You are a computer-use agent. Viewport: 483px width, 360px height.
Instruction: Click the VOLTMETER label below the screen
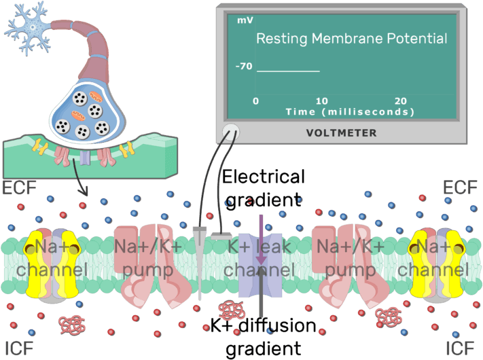click(x=342, y=133)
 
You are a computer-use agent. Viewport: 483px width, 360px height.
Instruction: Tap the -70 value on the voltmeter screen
click(x=243, y=67)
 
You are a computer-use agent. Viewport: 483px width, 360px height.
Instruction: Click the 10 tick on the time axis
click(x=321, y=101)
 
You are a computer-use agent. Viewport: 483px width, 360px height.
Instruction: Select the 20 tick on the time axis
click(x=401, y=101)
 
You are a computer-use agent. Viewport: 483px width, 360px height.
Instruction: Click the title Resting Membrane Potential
click(x=351, y=39)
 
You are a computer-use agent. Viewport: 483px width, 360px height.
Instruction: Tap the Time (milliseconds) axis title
click(x=350, y=111)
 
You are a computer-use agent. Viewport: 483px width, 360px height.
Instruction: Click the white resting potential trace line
click(x=287, y=71)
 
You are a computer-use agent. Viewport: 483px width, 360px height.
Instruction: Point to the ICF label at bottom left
click(x=18, y=348)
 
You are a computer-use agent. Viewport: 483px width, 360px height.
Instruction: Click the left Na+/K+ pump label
click(x=147, y=259)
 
